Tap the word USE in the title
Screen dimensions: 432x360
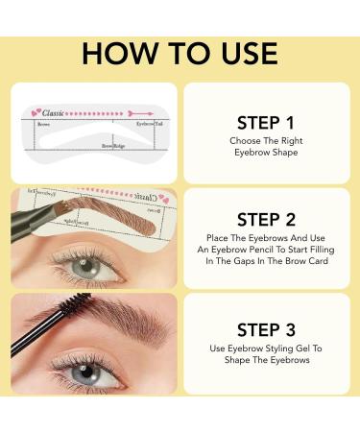click(x=243, y=53)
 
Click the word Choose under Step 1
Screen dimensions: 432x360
click(x=241, y=142)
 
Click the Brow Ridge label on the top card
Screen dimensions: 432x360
click(x=114, y=146)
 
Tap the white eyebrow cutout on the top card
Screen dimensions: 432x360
click(x=96, y=135)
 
